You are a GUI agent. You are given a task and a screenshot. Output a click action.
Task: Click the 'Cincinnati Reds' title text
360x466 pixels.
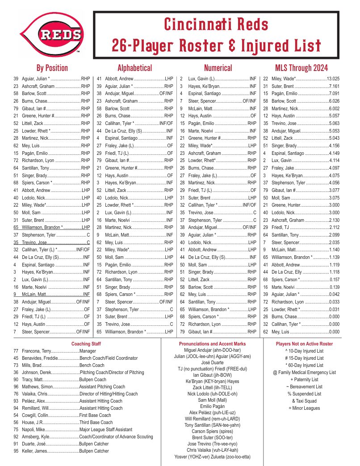pos(216,24)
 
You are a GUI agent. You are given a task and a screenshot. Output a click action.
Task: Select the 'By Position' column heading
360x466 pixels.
pos(52,68)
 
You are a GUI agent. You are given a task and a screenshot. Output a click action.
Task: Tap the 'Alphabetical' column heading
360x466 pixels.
pos(134,68)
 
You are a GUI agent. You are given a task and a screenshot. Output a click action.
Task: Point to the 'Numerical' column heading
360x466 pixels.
pos(218,68)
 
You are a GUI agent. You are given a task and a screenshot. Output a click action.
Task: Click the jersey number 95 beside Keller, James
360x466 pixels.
pos(16,451)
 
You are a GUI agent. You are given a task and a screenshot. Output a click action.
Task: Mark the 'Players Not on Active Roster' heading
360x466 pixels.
pos(304,344)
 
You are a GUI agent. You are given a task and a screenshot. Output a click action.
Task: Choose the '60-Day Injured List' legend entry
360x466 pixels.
pos(304,365)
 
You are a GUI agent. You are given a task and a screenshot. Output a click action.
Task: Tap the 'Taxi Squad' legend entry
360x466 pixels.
pos(304,401)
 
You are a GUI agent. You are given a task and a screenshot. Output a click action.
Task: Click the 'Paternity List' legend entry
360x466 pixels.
pos(304,379)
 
